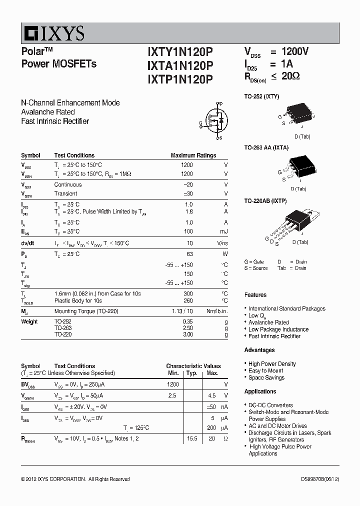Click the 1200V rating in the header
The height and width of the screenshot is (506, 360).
[x=295, y=51]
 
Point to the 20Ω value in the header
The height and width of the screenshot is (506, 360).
[x=290, y=76]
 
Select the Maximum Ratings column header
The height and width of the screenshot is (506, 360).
[x=193, y=155]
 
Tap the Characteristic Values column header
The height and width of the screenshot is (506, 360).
[x=193, y=366]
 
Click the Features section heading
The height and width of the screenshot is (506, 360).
[x=255, y=295]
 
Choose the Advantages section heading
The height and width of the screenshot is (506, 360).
[x=259, y=350]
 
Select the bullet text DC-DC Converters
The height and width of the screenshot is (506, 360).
[x=270, y=405]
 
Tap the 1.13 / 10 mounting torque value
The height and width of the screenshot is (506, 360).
[x=182, y=311]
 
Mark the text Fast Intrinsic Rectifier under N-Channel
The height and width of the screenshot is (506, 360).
[x=55, y=121]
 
